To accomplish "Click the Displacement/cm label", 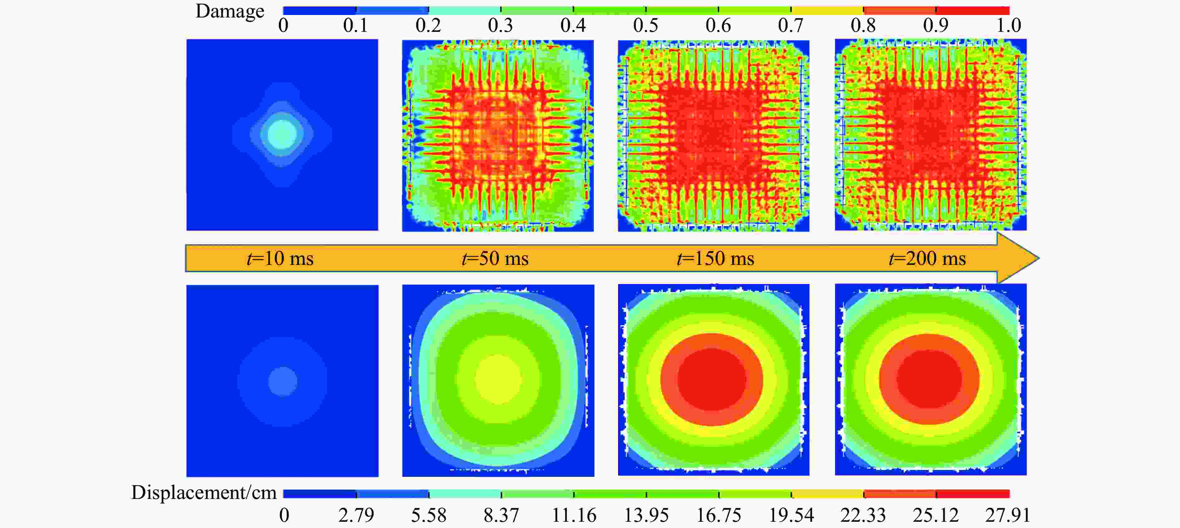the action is [x=204, y=493].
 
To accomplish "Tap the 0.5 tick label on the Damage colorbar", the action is [x=646, y=25].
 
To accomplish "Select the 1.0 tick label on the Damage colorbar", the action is [x=1008, y=25].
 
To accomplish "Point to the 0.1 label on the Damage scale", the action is [x=356, y=25].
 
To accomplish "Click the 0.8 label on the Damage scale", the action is [x=863, y=25].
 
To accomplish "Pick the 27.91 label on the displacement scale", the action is [x=1008, y=515].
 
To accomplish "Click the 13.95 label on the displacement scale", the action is [x=646, y=515].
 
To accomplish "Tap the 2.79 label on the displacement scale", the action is [x=356, y=515].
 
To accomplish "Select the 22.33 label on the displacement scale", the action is [x=863, y=515].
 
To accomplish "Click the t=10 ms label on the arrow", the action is [x=280, y=259].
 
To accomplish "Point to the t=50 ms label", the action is [x=495, y=259].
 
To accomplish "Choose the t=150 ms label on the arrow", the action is [x=715, y=259].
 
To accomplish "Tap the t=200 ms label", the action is [x=927, y=259].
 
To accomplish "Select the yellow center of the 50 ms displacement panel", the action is [x=498, y=379].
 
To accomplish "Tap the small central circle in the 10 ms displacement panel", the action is [x=283, y=381].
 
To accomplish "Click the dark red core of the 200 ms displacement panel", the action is [x=929, y=380].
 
